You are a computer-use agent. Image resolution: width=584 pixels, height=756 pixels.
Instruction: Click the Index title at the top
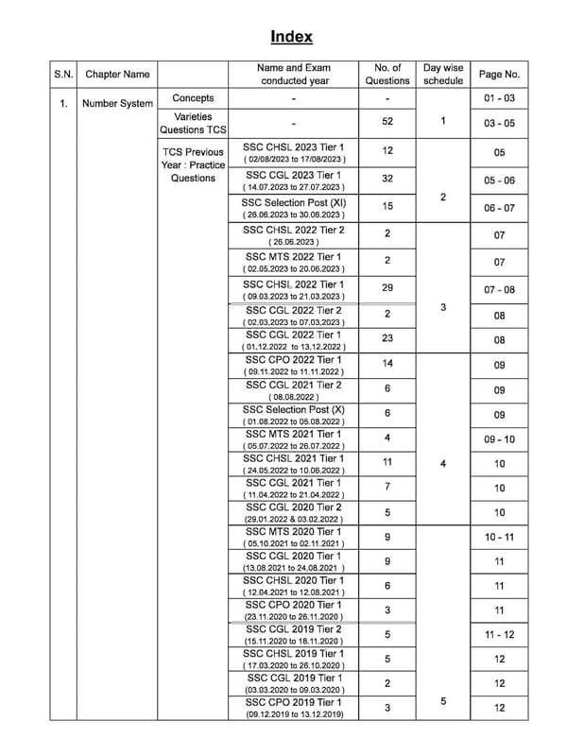[291, 37]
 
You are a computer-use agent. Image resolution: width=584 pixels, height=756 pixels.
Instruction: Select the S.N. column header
[62, 74]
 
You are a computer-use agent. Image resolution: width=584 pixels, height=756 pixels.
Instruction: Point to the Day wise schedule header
[443, 74]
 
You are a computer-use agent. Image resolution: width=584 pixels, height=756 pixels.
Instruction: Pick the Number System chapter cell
[117, 103]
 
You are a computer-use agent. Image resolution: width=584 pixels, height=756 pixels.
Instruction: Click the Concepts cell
[193, 98]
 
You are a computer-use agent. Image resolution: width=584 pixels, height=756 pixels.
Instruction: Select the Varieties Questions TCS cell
[193, 123]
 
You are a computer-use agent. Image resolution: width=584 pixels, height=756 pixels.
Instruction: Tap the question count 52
[387, 122]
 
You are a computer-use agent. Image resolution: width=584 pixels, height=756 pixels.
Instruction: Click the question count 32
[387, 180]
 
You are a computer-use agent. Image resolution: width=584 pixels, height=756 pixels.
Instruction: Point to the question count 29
[387, 287]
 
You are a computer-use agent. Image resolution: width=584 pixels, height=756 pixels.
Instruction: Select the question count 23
[387, 338]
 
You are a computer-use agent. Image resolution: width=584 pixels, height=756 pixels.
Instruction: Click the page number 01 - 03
[499, 98]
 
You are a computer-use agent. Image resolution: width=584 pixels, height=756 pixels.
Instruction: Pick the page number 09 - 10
[499, 439]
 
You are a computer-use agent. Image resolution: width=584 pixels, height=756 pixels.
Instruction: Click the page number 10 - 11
[499, 537]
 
